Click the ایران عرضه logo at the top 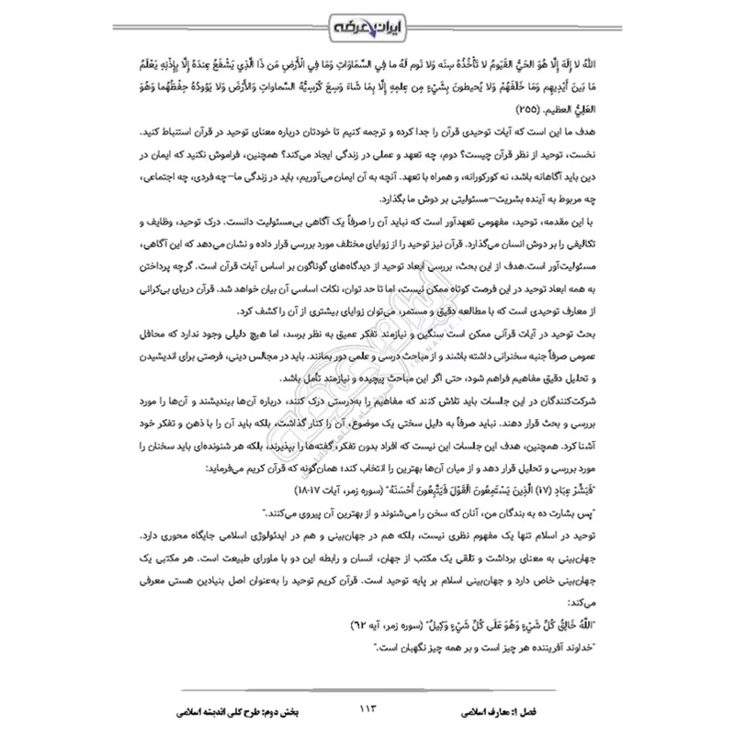pyautogui.click(x=367, y=24)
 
